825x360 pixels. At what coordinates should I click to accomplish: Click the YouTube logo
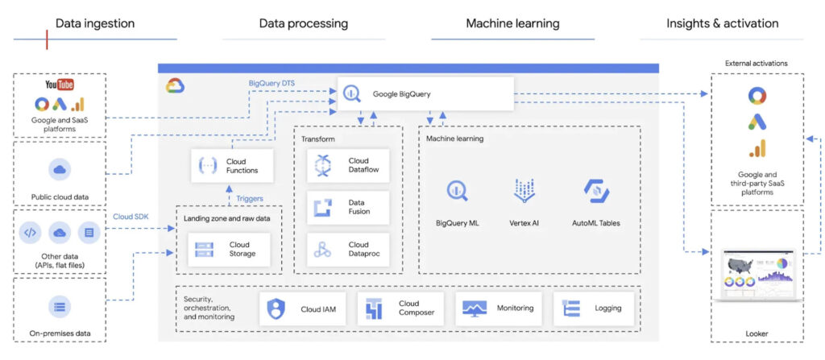[60, 85]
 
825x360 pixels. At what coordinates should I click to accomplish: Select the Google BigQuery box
[425, 93]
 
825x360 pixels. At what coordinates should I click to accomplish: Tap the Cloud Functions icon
[208, 166]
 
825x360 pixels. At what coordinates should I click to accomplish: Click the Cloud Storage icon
[204, 250]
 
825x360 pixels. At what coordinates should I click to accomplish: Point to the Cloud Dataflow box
[348, 166]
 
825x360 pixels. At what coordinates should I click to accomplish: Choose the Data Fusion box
[348, 208]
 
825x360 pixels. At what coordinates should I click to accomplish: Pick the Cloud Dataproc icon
[323, 250]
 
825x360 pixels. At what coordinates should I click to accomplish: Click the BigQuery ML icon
[458, 192]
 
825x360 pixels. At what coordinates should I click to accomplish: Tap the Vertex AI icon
[524, 192]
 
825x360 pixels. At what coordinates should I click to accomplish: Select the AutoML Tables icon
[596, 192]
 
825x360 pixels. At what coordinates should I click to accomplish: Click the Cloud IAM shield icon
[276, 308]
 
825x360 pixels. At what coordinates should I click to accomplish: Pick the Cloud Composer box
[400, 308]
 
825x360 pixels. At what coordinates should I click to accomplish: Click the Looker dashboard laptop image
[757, 273]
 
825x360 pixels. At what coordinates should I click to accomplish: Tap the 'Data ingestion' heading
[95, 23]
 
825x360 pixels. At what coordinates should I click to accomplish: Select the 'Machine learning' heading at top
[512, 23]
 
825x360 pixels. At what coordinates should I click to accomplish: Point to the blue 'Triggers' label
[250, 197]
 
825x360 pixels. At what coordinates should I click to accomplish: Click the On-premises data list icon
[60, 306]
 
